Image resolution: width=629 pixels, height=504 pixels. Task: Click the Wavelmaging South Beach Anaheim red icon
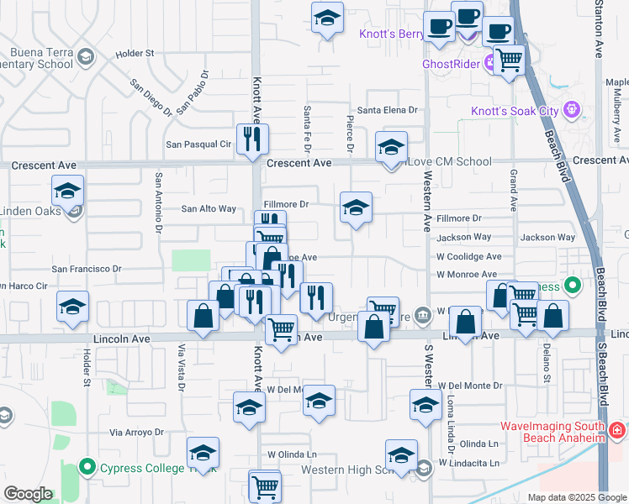click(618, 431)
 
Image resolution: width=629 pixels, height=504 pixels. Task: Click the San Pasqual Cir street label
click(198, 144)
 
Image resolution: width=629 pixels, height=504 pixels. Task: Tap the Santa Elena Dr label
click(387, 110)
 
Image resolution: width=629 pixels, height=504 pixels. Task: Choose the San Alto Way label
click(209, 209)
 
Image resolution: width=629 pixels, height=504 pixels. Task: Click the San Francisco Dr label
click(87, 269)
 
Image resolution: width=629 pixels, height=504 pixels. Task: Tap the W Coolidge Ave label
click(468, 256)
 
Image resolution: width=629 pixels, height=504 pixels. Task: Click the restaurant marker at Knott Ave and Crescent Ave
click(252, 139)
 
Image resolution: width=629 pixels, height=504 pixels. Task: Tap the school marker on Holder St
click(73, 307)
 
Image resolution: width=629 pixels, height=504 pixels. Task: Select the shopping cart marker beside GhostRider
click(509, 60)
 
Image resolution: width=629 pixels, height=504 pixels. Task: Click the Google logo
click(28, 494)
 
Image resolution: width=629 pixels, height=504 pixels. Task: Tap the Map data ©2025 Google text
click(576, 497)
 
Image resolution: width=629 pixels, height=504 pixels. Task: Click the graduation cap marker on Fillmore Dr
click(356, 207)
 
